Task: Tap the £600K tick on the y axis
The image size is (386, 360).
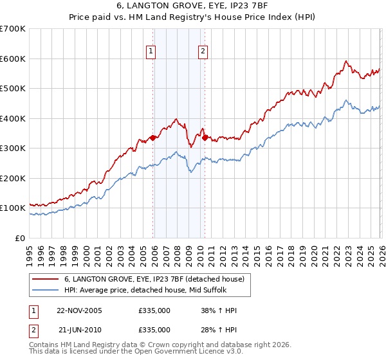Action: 13,59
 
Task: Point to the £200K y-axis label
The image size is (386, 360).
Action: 13,178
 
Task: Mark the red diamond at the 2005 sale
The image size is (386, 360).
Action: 152,138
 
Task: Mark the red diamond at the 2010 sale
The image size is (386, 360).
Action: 205,138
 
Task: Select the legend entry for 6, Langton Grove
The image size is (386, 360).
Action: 154,279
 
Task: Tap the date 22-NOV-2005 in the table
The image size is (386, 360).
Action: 79,310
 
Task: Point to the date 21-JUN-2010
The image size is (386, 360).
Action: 79,329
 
